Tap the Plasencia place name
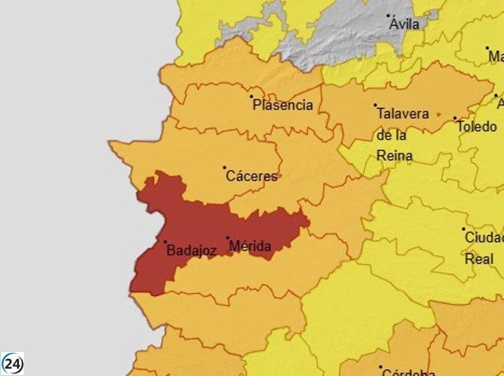[283, 105]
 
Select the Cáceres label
[251, 176]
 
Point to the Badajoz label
[192, 250]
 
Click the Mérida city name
[251, 246]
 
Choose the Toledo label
[477, 127]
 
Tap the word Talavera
[403, 114]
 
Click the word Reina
[394, 156]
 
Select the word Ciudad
[484, 238]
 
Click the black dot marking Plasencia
[251, 97]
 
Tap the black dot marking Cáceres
[224, 168]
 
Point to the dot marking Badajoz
[166, 242]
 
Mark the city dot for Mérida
[227, 237]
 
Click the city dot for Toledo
[455, 118]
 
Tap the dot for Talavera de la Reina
[375, 105]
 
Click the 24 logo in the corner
[13, 363]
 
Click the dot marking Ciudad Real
[463, 229]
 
